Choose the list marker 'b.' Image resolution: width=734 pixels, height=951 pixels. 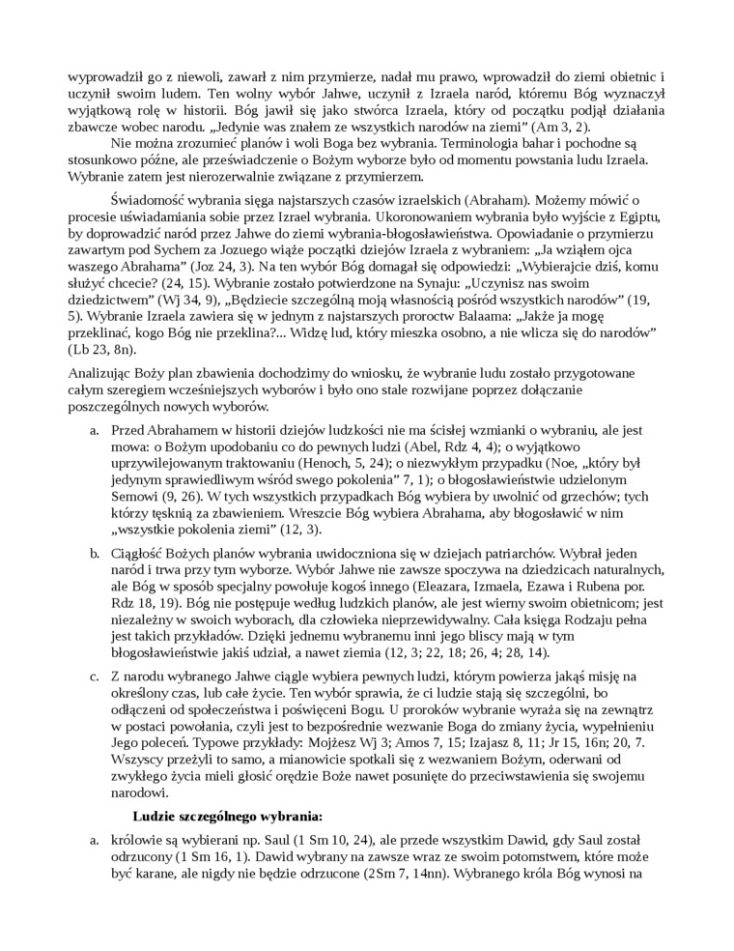(95, 553)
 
